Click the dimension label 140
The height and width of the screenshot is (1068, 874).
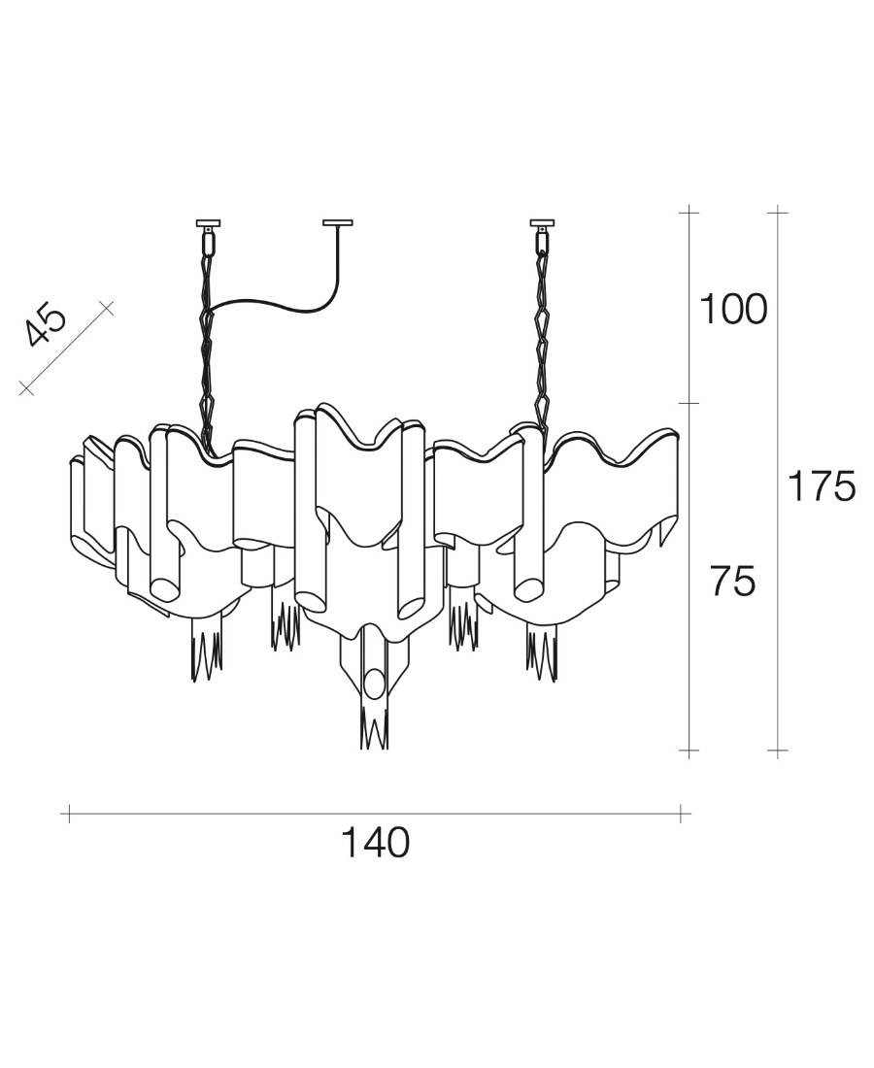pos(375,843)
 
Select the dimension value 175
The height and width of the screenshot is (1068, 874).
pos(821,486)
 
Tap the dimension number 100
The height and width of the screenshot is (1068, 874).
pos(733,310)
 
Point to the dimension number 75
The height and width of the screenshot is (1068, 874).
pos(732,583)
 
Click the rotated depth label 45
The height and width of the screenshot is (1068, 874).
pos(47,325)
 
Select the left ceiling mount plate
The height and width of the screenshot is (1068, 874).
pos(209,220)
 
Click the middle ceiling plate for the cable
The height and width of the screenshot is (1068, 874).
pos(338,220)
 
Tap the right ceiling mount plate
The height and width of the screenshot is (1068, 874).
pos(543,220)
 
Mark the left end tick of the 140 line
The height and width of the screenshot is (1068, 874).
pos(68,814)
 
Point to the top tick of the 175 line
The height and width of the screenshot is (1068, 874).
pos(777,211)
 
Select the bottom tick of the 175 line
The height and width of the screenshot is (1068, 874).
pos(777,751)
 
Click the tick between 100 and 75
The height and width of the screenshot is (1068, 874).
pos(689,402)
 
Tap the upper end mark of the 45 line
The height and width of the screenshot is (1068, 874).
pos(107,308)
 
